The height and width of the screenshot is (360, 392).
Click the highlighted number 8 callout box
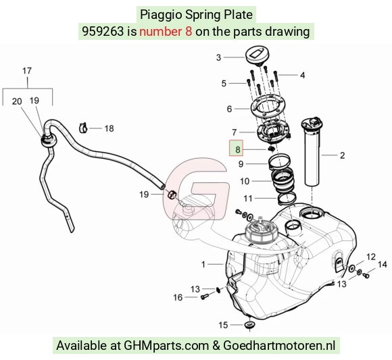(x=236, y=148)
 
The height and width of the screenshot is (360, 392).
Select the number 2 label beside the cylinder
(x=342, y=155)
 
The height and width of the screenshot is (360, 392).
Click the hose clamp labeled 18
(x=84, y=128)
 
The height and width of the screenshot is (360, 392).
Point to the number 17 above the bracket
(x=27, y=71)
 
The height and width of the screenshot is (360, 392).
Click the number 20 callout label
(x=17, y=101)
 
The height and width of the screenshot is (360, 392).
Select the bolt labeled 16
(x=204, y=297)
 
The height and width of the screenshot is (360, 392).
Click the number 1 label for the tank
(x=203, y=264)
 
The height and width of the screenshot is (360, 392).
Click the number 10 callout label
(x=245, y=182)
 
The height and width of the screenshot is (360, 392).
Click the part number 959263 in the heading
(x=103, y=32)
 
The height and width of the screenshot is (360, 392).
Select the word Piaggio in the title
(x=161, y=14)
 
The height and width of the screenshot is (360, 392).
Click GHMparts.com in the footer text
(x=166, y=346)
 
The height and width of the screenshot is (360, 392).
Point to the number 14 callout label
(x=383, y=264)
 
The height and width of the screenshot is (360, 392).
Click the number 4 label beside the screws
(x=303, y=75)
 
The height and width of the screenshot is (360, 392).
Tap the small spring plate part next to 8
(x=271, y=149)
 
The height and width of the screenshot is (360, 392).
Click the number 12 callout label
(x=371, y=257)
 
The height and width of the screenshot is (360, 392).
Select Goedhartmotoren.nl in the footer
(x=279, y=346)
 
